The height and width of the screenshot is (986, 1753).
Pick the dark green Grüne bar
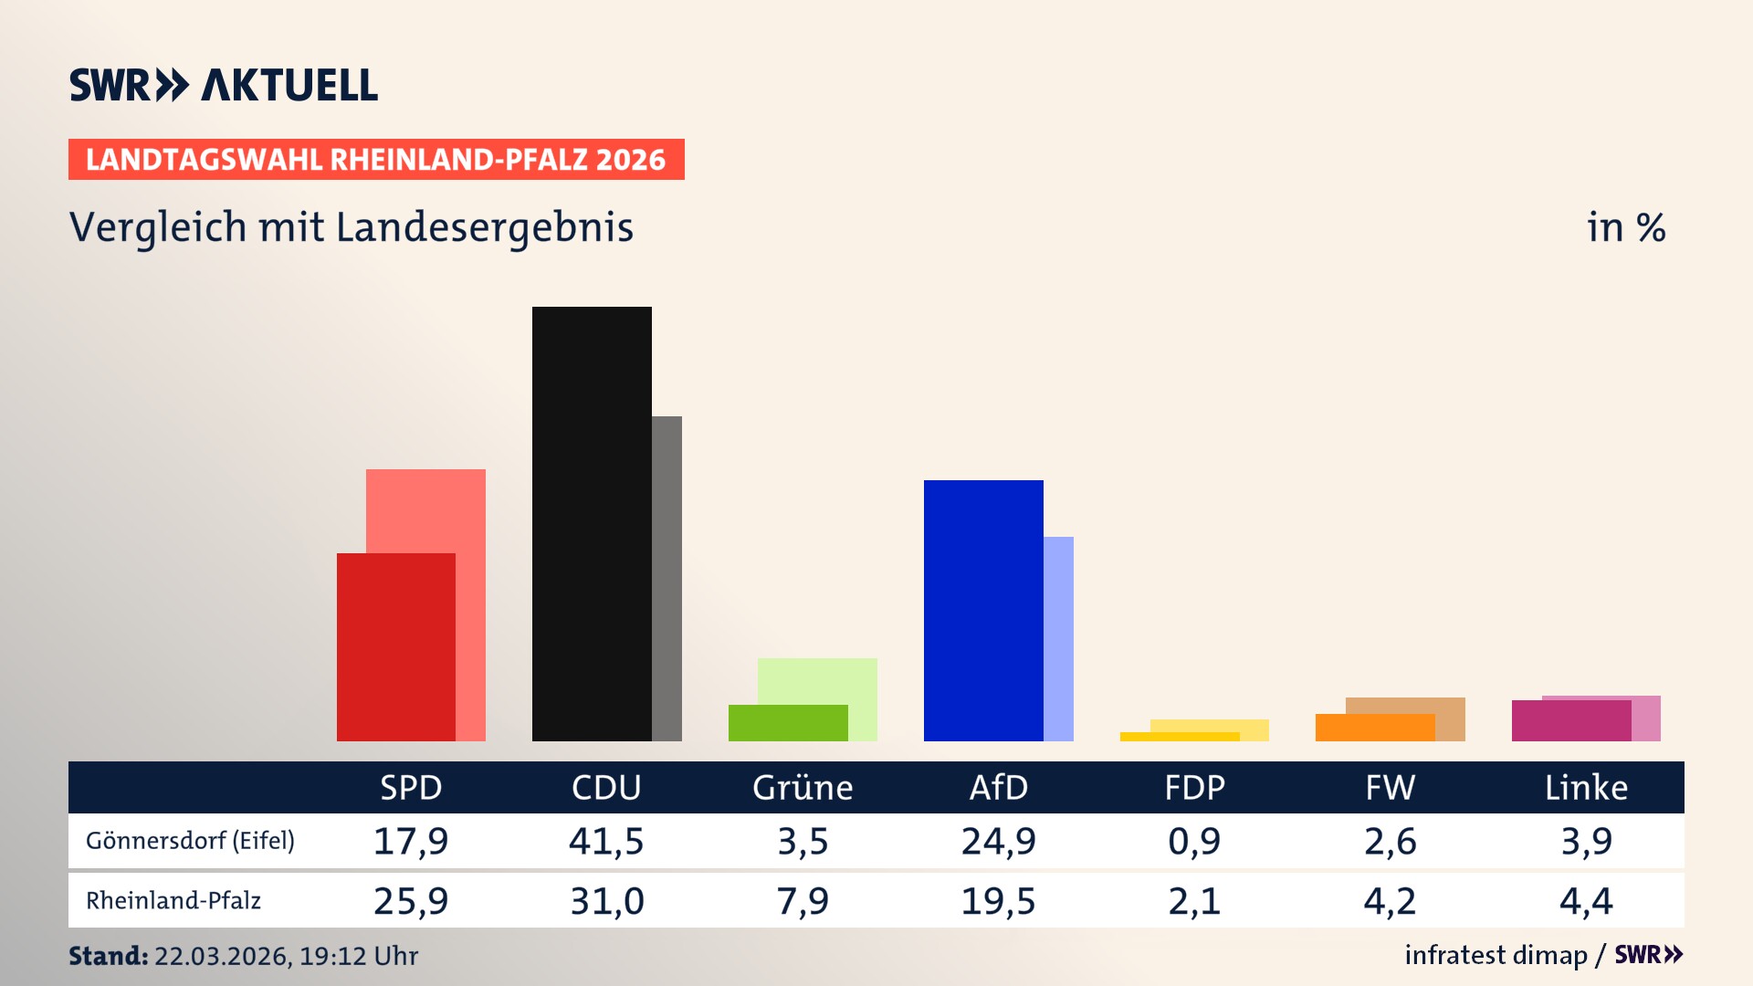point(787,722)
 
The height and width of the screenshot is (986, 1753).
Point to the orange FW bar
point(1374,728)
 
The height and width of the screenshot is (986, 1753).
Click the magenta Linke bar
point(1570,720)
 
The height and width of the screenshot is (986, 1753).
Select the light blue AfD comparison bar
point(1058,638)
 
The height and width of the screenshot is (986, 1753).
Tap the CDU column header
point(606,787)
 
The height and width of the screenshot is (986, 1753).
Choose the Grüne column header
point(803,787)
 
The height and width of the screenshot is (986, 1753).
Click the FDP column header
point(1194,787)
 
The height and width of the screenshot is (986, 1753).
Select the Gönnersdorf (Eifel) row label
point(190,840)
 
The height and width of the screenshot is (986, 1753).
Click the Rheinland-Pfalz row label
point(173,900)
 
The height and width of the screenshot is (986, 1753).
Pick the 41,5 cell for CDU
point(606,840)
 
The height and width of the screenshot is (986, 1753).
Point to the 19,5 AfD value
point(998,901)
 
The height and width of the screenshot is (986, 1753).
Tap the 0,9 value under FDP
point(1194,840)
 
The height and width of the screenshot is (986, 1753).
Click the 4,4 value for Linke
point(1586,901)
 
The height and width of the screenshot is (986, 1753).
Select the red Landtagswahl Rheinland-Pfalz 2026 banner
point(376,159)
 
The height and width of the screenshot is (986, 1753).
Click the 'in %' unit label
point(1625,227)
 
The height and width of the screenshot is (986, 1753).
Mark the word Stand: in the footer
point(108,956)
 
